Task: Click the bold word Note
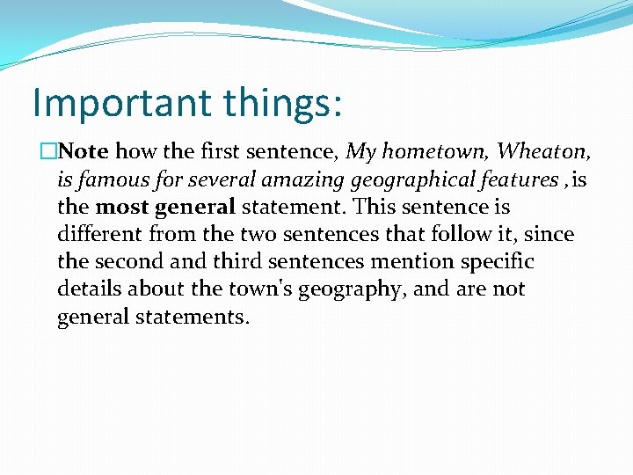(84, 151)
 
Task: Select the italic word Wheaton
(543, 151)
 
